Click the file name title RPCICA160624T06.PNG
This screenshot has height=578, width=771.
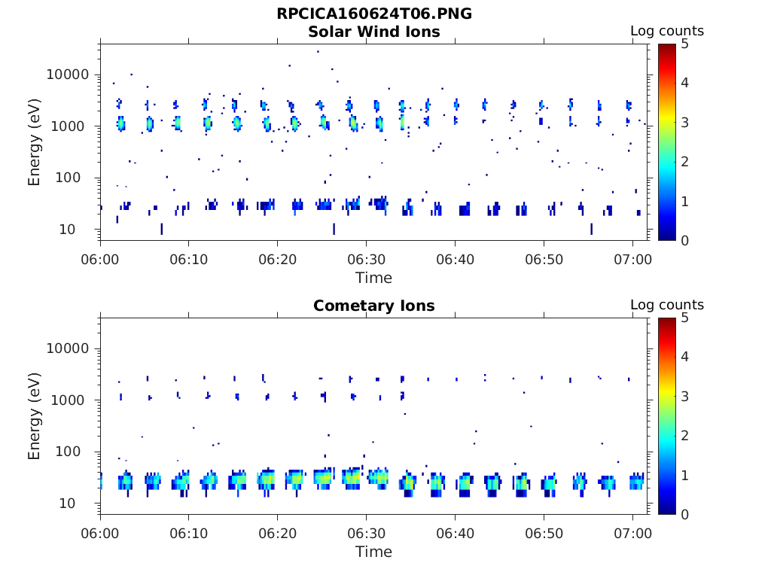coord(374,14)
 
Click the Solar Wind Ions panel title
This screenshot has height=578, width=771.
coord(374,32)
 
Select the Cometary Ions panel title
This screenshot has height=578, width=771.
coord(374,306)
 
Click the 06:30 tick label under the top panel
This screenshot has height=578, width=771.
coord(366,260)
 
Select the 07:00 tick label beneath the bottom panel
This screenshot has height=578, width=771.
coord(632,534)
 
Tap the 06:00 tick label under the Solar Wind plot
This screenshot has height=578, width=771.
coord(100,260)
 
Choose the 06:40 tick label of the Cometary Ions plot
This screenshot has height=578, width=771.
coord(455,534)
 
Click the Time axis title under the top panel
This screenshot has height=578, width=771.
coord(374,278)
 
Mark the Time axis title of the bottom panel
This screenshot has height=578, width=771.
coord(374,552)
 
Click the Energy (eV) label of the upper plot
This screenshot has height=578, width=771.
coord(35,142)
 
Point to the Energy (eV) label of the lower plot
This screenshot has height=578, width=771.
coord(35,416)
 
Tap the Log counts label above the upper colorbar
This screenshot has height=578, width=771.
coord(667,32)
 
